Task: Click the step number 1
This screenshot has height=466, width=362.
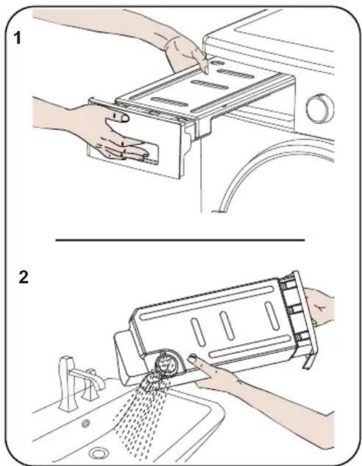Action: click(18, 38)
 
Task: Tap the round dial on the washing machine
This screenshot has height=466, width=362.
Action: click(320, 108)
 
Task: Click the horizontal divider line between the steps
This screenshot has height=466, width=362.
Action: click(180, 239)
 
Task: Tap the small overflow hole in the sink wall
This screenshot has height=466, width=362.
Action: click(86, 423)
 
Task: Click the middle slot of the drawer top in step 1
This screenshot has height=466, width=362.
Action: click(210, 85)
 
